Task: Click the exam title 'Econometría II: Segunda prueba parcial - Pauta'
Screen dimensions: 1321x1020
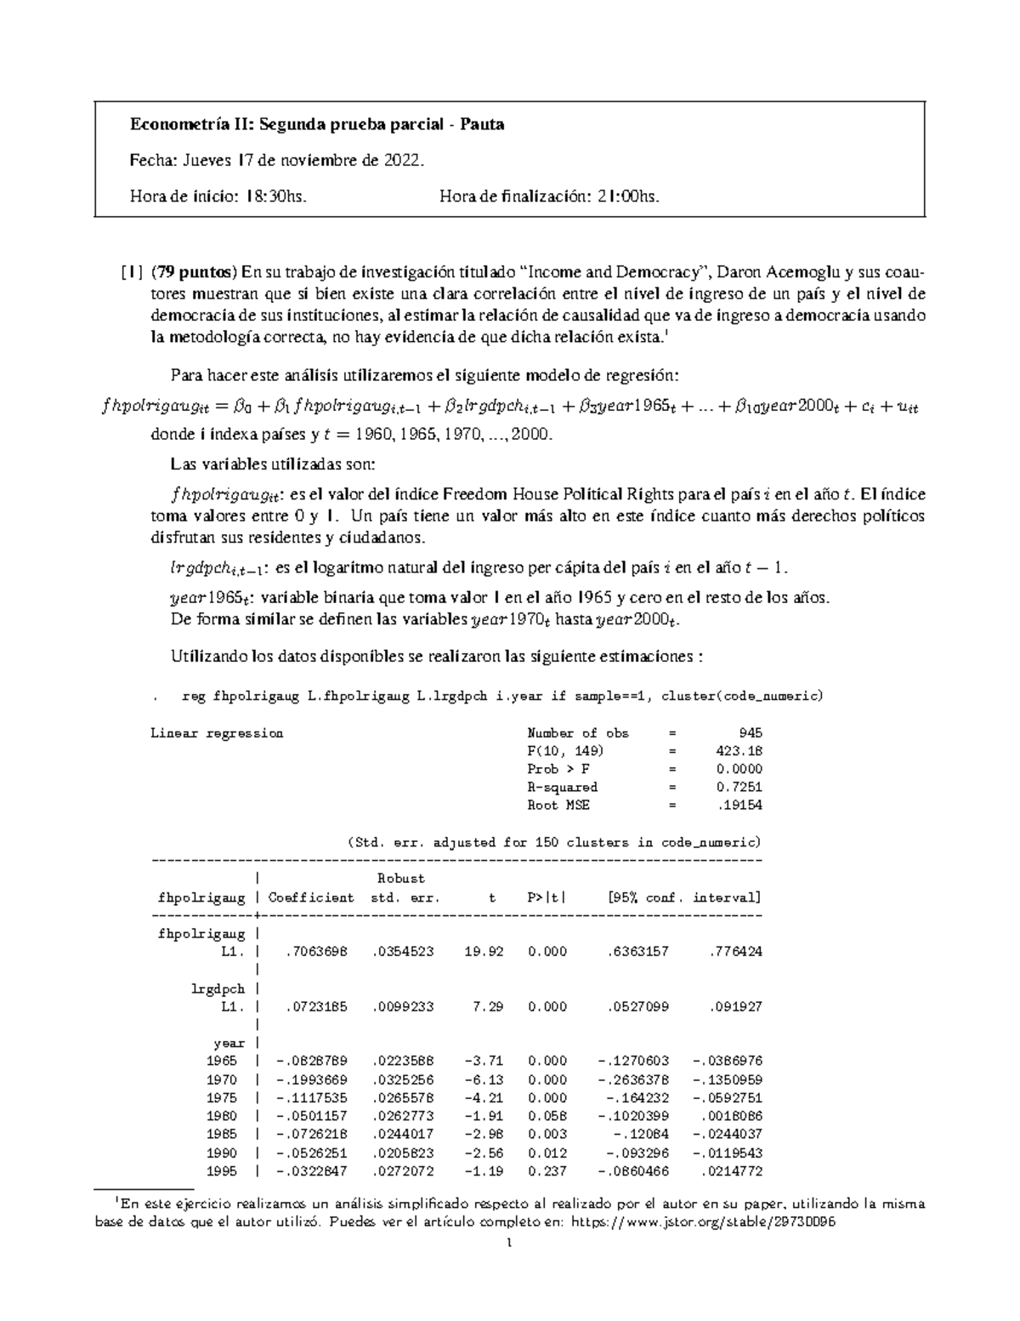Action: (x=316, y=125)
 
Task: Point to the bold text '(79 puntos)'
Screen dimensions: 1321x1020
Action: (x=194, y=273)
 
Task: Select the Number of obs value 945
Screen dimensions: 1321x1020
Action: (x=751, y=732)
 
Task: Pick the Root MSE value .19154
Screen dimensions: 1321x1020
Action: (x=741, y=805)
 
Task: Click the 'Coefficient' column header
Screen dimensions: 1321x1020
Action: (x=311, y=897)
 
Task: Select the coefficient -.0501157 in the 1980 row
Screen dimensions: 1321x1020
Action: (x=311, y=1116)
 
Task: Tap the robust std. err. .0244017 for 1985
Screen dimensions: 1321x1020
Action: (x=403, y=1135)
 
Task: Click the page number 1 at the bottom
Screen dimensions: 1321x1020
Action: (x=509, y=1243)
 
